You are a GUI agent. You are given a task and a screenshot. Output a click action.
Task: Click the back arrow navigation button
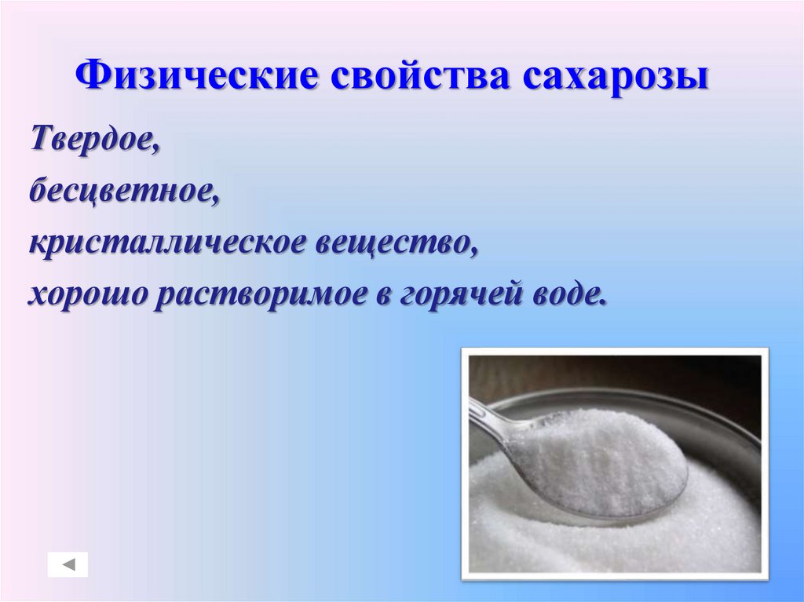click(68, 564)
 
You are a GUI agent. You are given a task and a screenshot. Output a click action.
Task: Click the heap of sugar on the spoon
click(597, 455)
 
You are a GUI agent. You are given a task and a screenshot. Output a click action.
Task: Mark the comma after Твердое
click(158, 149)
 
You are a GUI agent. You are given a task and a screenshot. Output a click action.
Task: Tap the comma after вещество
click(474, 252)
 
